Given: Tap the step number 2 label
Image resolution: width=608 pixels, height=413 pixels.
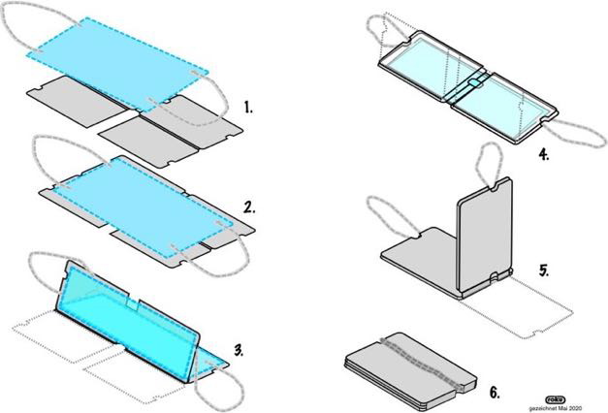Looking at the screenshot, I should pos(249,206).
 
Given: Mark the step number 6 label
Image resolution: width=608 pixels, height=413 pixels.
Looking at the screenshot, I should pos(495,392).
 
